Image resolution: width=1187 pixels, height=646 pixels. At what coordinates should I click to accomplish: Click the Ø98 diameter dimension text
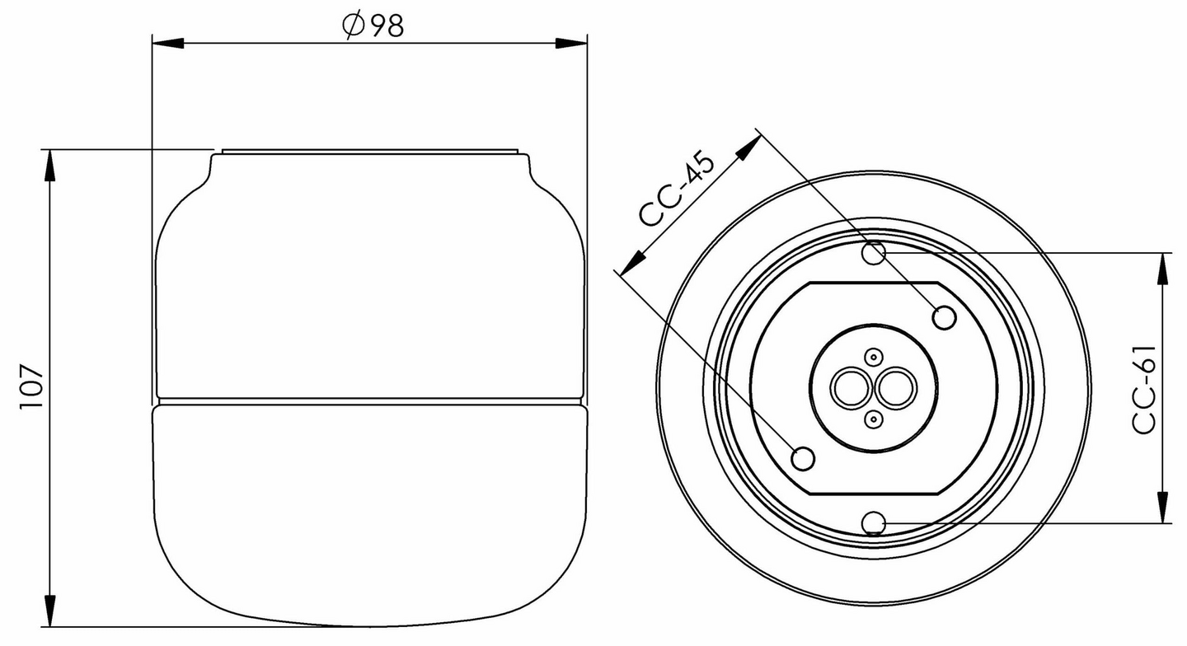click(373, 26)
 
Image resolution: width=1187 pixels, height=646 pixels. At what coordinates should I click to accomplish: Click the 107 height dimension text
click(30, 387)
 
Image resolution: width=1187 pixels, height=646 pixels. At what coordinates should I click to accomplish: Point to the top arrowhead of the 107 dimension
click(50, 166)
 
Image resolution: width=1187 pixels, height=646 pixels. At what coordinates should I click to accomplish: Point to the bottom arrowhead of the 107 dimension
click(50, 611)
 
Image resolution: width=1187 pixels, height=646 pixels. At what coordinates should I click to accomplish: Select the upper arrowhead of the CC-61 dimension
click(1162, 269)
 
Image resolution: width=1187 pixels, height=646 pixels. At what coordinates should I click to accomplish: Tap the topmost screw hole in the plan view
click(875, 253)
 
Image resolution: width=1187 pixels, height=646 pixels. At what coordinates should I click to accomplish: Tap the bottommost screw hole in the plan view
click(875, 522)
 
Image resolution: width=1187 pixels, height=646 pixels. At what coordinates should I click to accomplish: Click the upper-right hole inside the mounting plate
click(944, 316)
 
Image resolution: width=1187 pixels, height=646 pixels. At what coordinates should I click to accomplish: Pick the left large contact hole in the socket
click(848, 388)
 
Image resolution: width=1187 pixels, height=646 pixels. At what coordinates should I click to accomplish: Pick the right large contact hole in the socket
click(894, 388)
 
